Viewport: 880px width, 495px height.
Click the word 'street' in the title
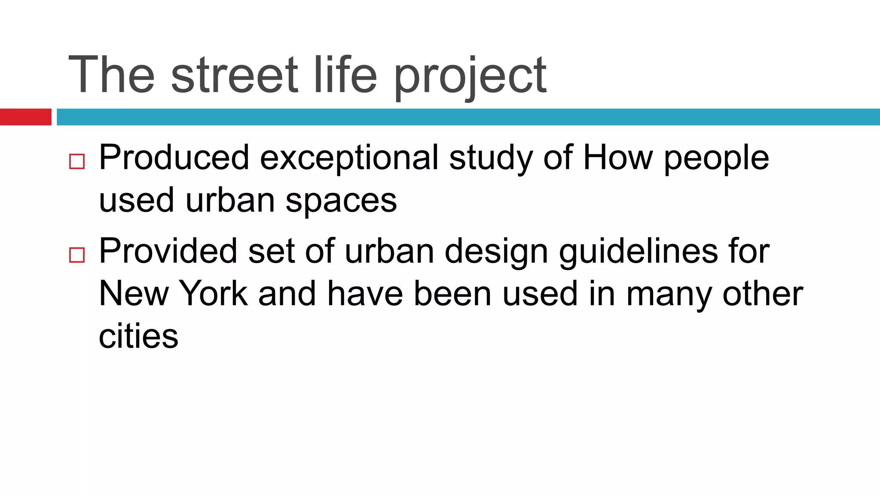pyautogui.click(x=234, y=75)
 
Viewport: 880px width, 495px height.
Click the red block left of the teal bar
pyautogui.click(x=25, y=117)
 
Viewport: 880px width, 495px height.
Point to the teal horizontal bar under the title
pyautogui.click(x=468, y=117)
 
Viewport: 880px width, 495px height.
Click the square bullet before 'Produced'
pyautogui.click(x=77, y=162)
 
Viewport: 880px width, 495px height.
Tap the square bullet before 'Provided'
pyautogui.click(x=77, y=255)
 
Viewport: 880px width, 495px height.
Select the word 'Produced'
pyautogui.click(x=174, y=158)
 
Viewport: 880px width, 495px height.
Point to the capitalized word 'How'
pyautogui.click(x=618, y=158)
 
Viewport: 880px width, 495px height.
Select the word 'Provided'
pyautogui.click(x=168, y=251)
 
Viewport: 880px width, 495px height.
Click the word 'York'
pyautogui.click(x=213, y=293)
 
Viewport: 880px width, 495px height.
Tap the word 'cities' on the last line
pyautogui.click(x=138, y=336)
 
